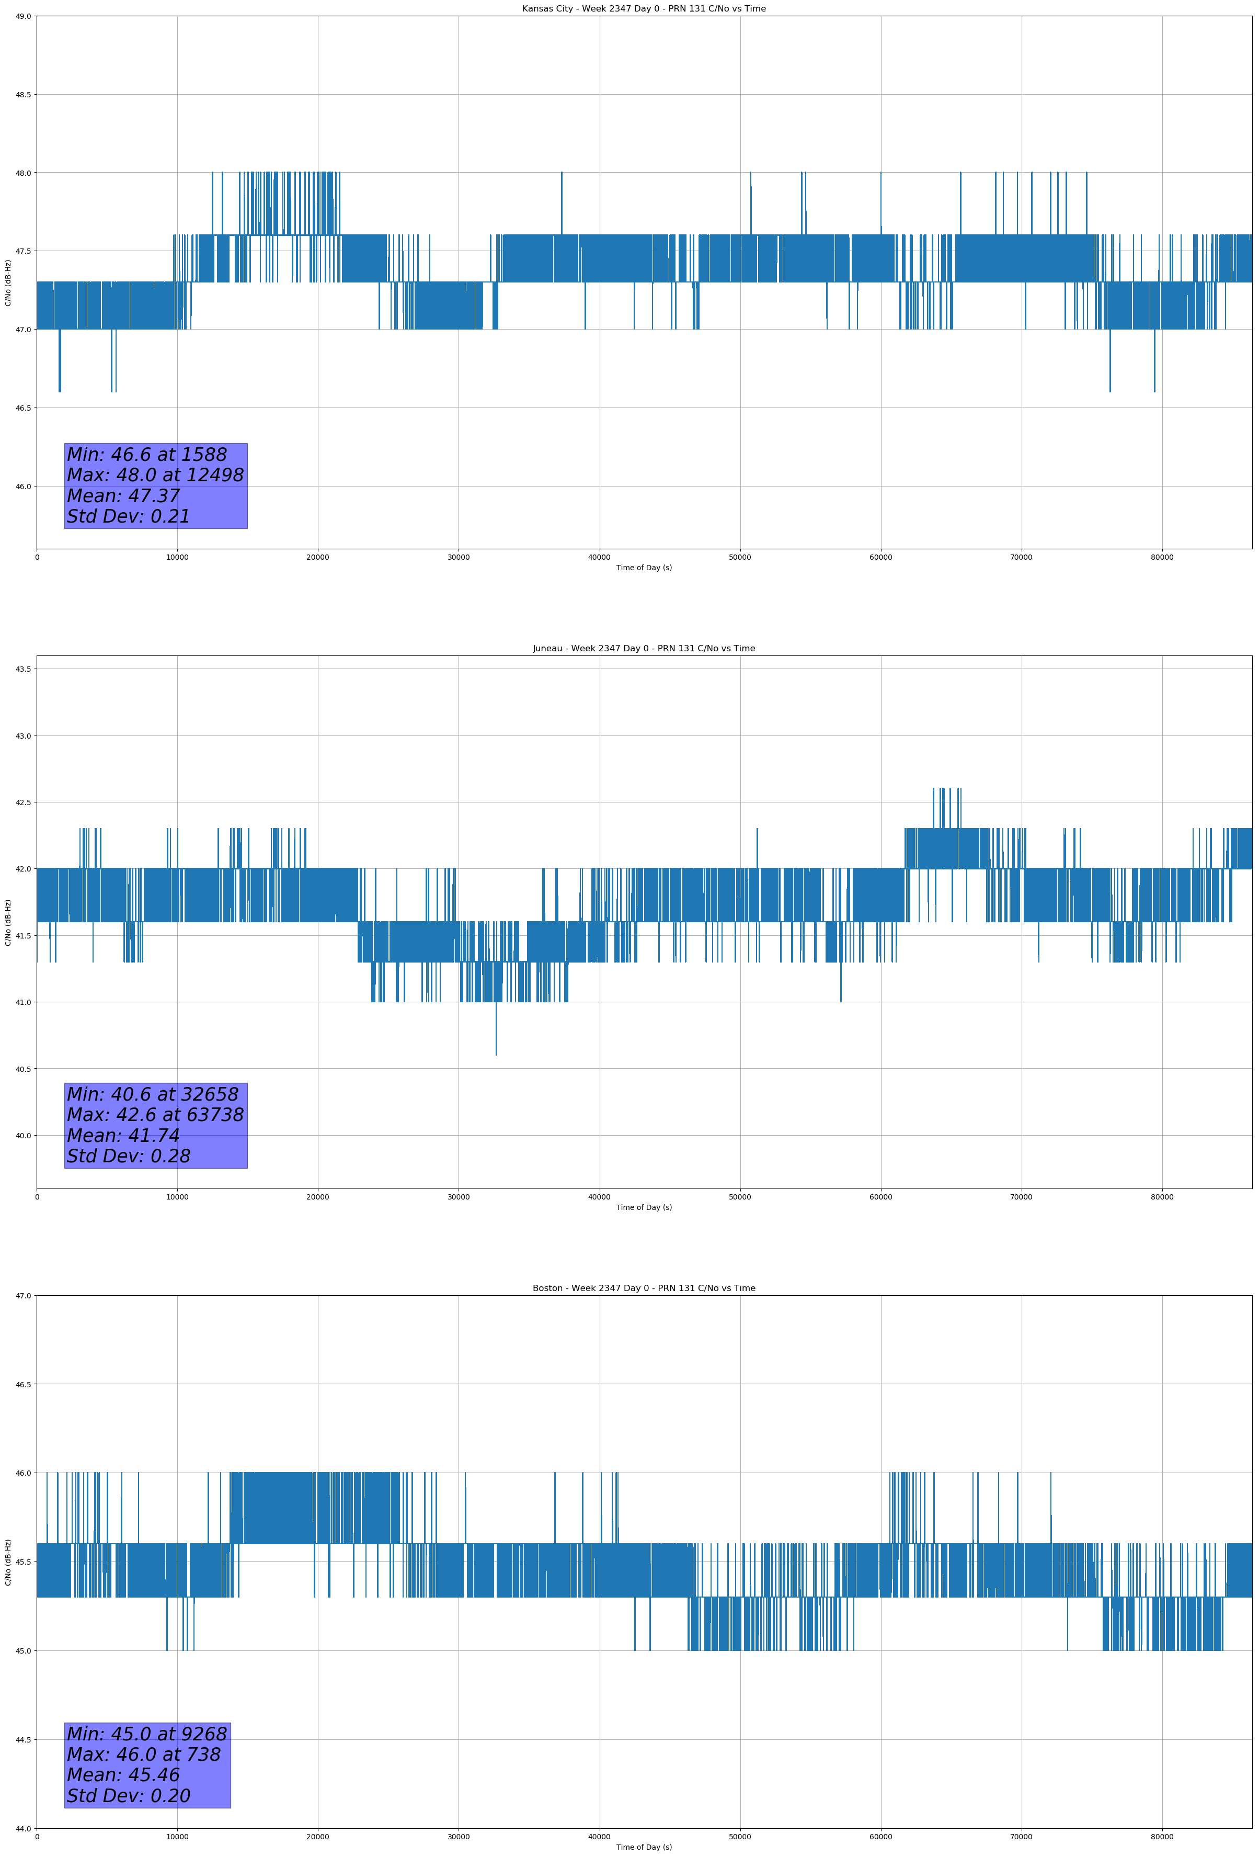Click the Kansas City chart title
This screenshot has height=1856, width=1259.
(644, 9)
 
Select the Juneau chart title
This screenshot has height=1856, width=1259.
(644, 649)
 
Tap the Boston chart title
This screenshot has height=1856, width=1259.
(644, 1288)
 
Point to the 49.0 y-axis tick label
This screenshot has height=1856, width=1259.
(22, 16)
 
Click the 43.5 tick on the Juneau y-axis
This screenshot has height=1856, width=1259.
(22, 669)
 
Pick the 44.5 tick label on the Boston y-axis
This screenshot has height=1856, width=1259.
(22, 1739)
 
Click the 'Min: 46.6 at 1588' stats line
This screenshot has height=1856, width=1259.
(147, 455)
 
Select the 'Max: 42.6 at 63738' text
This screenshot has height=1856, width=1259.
(155, 1115)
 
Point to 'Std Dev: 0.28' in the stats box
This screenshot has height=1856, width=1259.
(129, 1157)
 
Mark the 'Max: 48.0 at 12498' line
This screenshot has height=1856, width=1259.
(155, 475)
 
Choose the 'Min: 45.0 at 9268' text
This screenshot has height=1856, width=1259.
(147, 1734)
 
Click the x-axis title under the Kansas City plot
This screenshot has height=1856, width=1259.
(644, 568)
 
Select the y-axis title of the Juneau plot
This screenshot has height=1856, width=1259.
(8, 922)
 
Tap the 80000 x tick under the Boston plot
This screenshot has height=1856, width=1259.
(1162, 1837)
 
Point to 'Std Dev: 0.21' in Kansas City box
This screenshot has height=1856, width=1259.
(129, 517)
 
